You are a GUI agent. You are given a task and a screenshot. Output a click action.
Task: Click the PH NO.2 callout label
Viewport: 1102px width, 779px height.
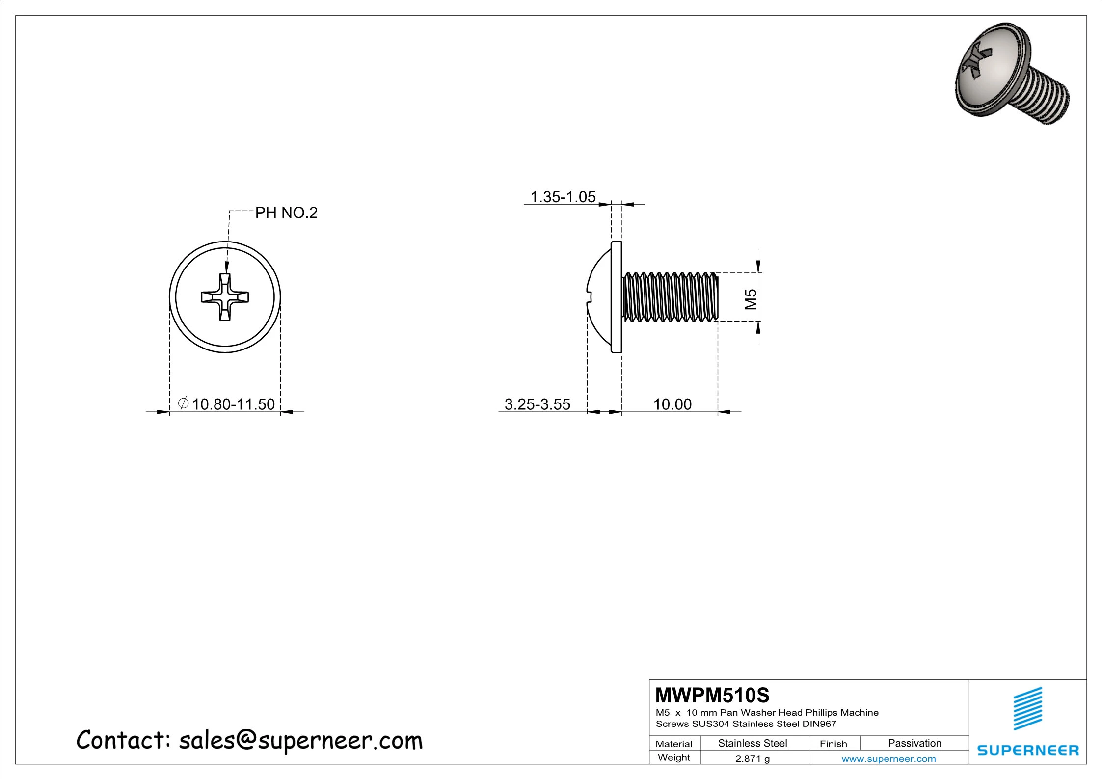click(x=286, y=213)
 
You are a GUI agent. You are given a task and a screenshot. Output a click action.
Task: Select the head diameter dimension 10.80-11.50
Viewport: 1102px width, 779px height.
click(x=233, y=404)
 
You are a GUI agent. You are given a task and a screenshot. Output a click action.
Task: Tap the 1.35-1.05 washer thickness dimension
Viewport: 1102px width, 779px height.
click(x=563, y=197)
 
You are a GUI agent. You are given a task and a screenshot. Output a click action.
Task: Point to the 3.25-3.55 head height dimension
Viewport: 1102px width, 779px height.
click(x=537, y=404)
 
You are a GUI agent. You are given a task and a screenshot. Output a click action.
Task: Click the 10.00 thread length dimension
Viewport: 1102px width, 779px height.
click(x=672, y=404)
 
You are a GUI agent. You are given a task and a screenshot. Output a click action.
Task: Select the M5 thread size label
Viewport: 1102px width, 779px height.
click(x=751, y=299)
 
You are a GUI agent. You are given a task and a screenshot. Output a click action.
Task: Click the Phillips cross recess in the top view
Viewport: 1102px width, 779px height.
click(x=225, y=297)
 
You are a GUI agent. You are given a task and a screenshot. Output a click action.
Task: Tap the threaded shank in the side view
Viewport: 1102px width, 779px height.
click(x=670, y=297)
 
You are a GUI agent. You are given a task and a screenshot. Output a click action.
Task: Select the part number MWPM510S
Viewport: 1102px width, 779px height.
click(x=712, y=695)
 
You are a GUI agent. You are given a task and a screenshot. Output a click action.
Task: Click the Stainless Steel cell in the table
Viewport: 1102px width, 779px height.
click(x=753, y=743)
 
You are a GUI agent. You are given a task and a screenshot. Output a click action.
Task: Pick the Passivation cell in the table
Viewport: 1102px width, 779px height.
click(x=914, y=743)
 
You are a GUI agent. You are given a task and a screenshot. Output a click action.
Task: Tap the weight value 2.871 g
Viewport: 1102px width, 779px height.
click(x=753, y=758)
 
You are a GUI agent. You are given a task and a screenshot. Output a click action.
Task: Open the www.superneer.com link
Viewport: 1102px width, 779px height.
click(x=888, y=759)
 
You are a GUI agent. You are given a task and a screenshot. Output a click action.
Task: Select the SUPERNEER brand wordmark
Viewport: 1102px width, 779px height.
click(x=1028, y=751)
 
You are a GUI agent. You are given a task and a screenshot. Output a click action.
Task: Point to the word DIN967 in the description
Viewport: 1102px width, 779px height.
click(x=819, y=724)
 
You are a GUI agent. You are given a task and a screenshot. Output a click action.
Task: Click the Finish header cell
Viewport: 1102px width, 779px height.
click(x=833, y=744)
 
